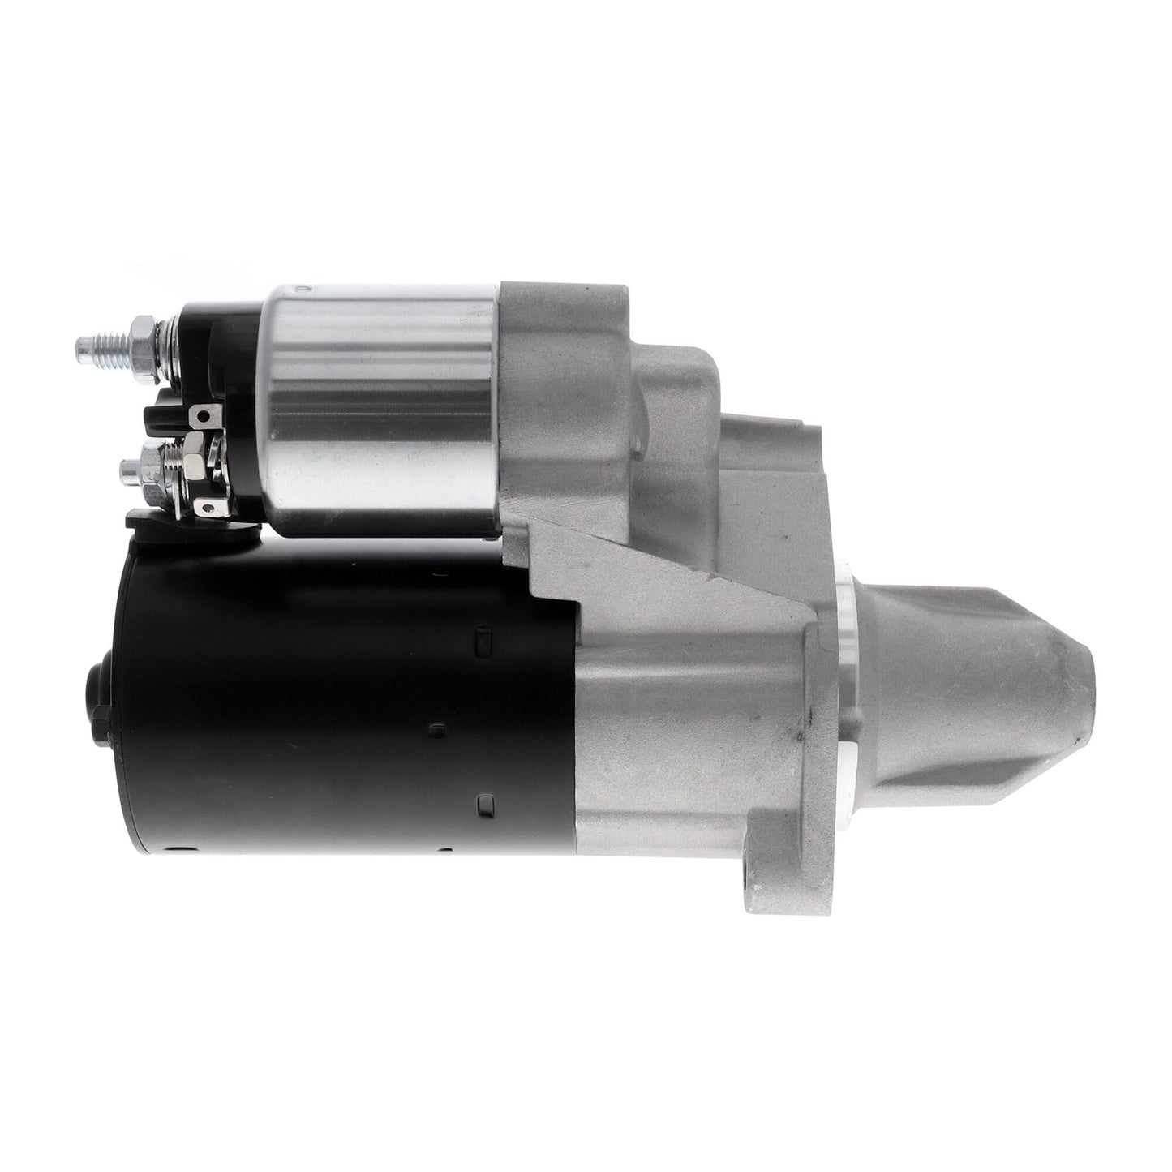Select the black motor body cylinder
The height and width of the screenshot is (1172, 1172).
coord(324,698)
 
